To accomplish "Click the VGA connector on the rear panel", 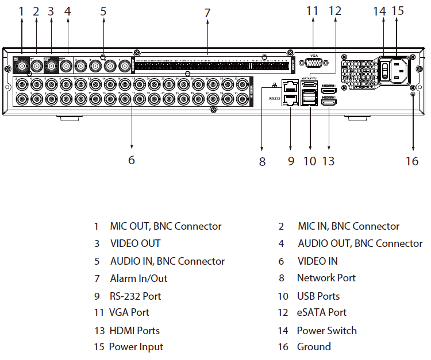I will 313,64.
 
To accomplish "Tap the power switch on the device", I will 385,69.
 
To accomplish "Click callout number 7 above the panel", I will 207,12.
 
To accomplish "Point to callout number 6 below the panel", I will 132,160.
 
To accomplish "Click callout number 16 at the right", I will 412,161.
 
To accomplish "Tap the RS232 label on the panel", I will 274,98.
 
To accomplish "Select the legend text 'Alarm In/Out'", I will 138,278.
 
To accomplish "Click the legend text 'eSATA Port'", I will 321,312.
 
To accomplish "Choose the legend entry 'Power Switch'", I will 326,330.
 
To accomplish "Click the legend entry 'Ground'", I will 314,347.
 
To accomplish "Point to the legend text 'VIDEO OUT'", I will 135,243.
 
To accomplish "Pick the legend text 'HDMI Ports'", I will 134,330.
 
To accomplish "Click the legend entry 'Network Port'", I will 326,278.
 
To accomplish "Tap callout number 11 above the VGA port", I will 313,10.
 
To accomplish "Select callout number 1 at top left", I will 21,10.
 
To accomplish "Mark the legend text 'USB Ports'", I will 318,296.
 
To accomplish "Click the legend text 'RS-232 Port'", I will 136,296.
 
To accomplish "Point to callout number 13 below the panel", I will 328,161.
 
